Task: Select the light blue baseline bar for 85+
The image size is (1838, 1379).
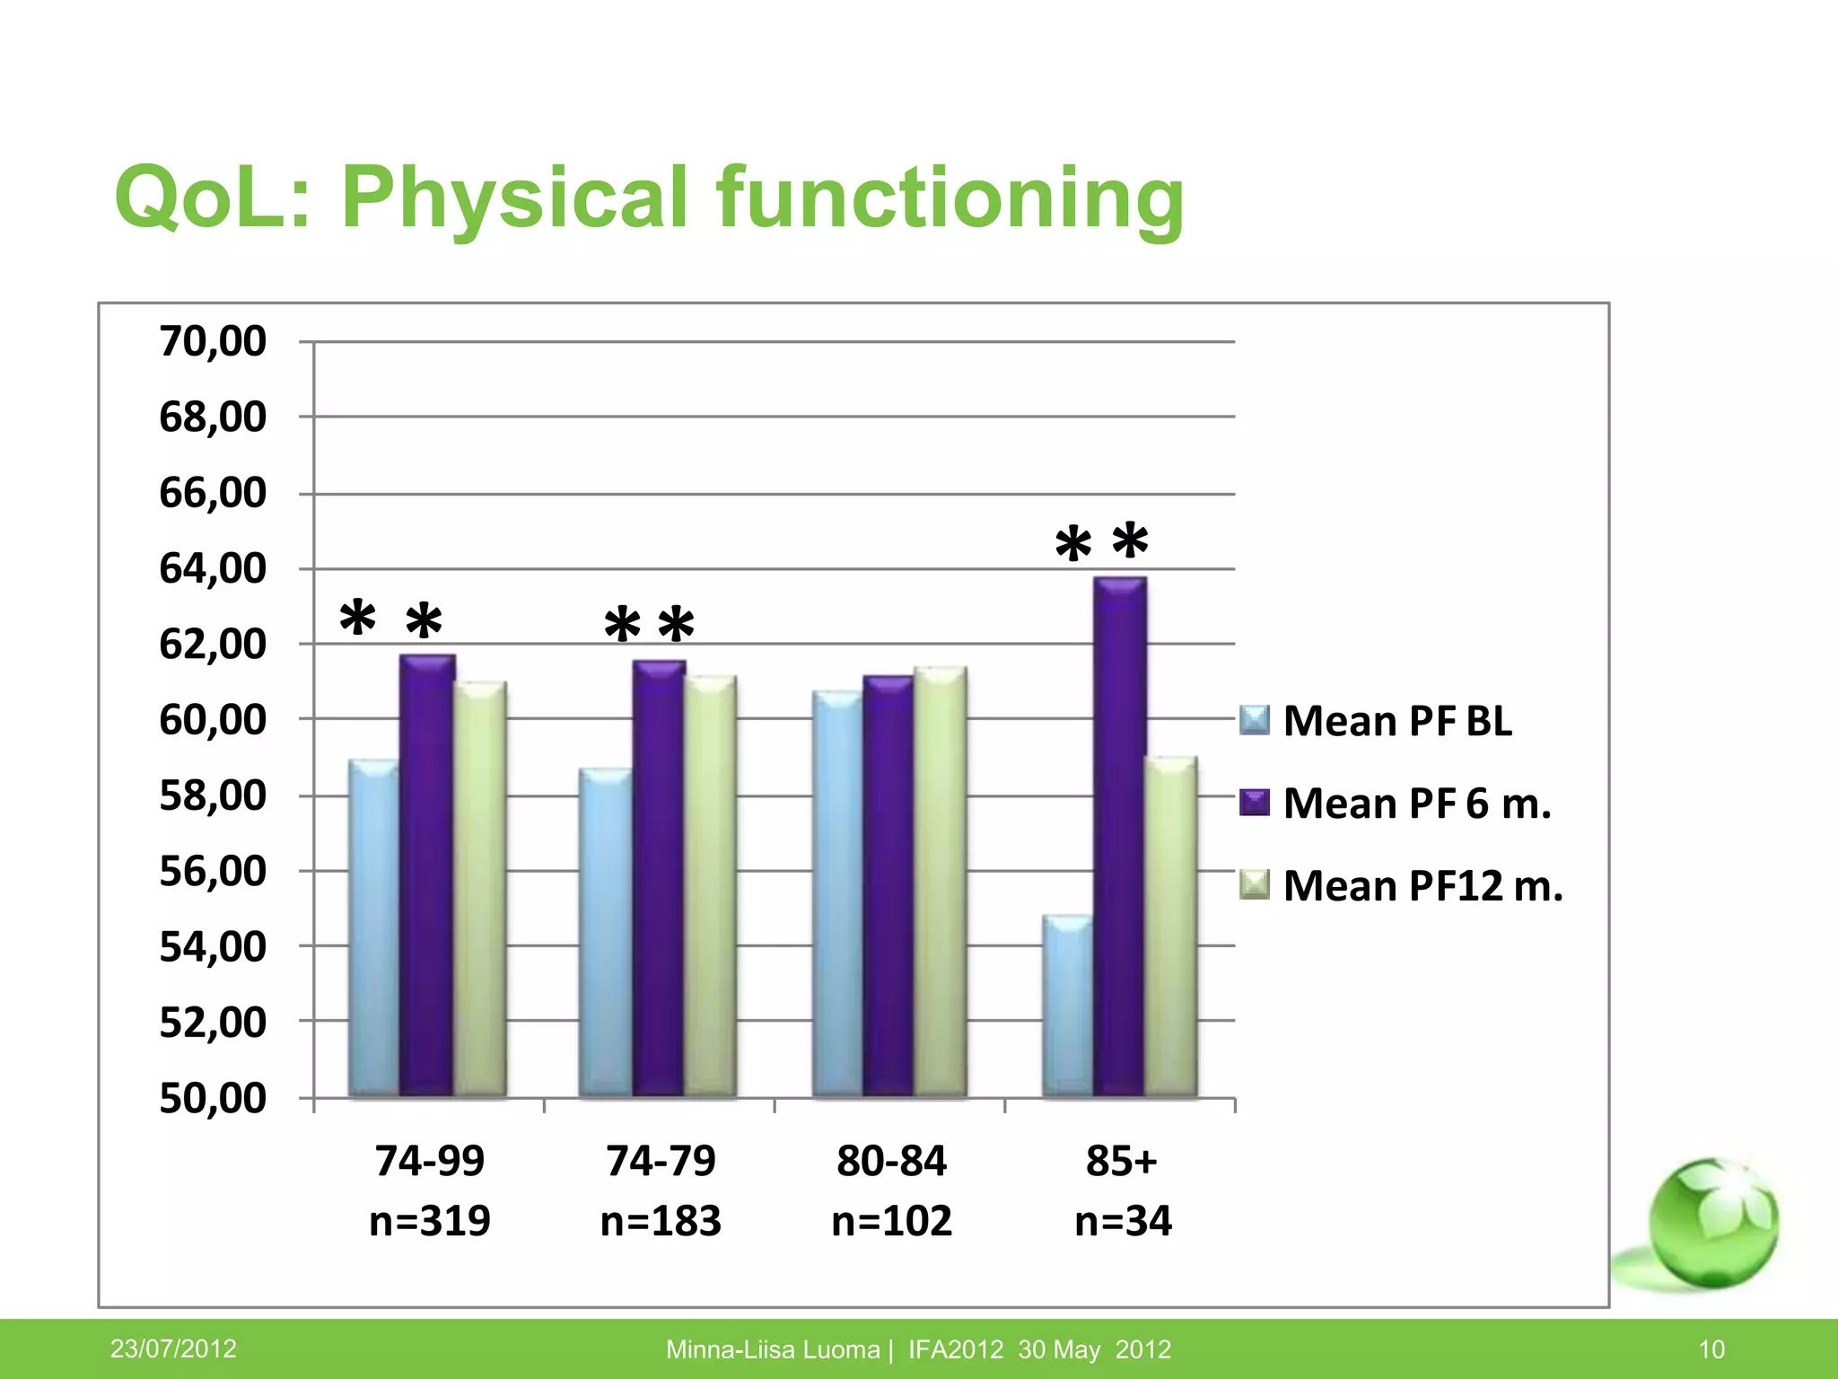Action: click(x=1068, y=1006)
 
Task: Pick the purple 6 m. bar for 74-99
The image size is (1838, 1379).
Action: click(x=427, y=875)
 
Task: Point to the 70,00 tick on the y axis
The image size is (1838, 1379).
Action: click(x=213, y=342)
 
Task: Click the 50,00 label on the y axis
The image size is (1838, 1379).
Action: click(x=213, y=1098)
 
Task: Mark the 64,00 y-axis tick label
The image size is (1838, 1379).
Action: click(x=213, y=568)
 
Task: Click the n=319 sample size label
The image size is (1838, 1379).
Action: click(x=430, y=1221)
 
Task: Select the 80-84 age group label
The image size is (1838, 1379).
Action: click(x=891, y=1161)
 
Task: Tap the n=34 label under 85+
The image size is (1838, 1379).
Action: click(x=1123, y=1221)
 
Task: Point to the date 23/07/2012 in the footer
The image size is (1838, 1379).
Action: click(x=173, y=1348)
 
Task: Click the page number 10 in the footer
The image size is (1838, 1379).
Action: click(x=1711, y=1349)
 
